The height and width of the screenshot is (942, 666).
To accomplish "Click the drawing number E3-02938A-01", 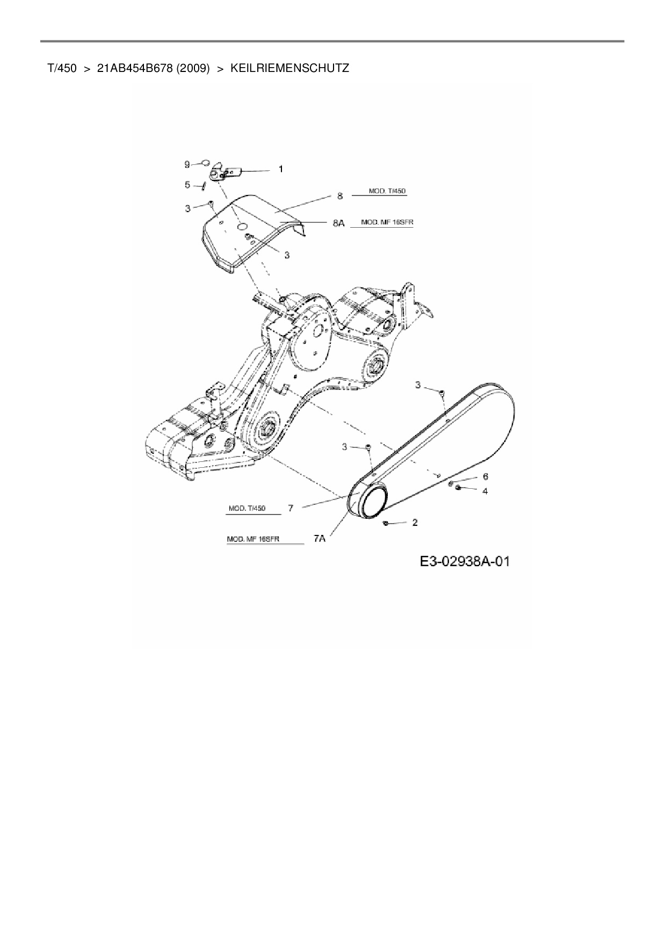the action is pos(465,562).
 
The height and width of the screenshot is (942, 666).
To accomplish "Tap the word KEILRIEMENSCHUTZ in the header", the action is pos(289,68).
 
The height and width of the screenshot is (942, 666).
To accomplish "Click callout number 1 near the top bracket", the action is pos(280,169).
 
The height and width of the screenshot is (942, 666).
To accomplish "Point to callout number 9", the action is pos(187,163).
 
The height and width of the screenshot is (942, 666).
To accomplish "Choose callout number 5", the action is pos(187,185).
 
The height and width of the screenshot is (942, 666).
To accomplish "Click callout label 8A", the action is pos(338,222).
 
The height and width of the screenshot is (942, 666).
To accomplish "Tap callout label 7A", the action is pos(319,538).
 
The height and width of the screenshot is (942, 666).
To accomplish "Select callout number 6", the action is pos(485,476).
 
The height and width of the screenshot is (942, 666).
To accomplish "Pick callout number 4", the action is pos(485,491).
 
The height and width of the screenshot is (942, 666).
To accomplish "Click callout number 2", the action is pos(415,522).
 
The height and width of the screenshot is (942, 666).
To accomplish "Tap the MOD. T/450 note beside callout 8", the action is pos(384,191).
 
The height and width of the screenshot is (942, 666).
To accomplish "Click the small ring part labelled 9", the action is pos(205,162).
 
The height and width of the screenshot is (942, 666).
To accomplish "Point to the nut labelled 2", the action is pos(385,523).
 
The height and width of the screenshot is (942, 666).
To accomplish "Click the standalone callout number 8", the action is pos(339,197).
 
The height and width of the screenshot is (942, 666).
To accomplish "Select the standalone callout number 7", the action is pos(291,508).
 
